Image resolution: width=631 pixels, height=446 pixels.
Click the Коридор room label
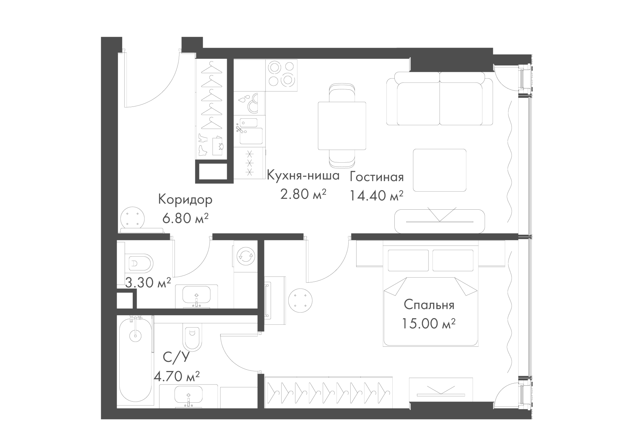point(185,200)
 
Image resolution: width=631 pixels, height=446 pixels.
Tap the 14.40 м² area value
point(376,196)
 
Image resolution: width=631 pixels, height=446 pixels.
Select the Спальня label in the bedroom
point(429,305)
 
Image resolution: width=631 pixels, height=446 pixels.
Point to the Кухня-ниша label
point(303,176)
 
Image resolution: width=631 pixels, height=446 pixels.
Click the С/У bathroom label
point(176,357)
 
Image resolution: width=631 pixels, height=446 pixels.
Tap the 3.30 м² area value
point(148,282)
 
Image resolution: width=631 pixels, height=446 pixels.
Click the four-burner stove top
point(281,75)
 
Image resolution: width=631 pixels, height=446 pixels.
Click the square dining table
point(342,126)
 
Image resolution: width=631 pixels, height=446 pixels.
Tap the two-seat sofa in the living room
point(440,99)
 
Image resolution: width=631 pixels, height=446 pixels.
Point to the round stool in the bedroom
point(300,300)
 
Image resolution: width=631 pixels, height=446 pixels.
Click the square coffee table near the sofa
point(440,170)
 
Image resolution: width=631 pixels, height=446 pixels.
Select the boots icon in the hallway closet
point(202,145)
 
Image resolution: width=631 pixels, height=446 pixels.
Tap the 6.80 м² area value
point(185,218)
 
